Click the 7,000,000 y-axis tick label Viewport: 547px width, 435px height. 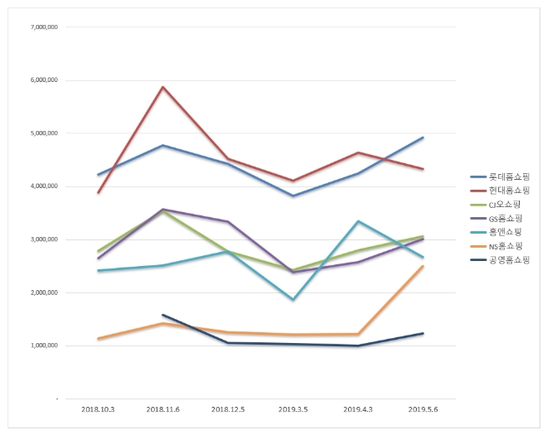[x=42, y=27]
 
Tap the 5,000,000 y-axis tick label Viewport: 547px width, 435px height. [x=42, y=133]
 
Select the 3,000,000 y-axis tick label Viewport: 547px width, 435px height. [x=42, y=239]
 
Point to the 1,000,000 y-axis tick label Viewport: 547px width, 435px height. [x=42, y=346]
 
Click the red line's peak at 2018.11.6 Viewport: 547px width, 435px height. [x=163, y=87]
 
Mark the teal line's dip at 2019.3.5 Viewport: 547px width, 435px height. [x=293, y=299]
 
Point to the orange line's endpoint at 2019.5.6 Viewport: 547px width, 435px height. [x=424, y=266]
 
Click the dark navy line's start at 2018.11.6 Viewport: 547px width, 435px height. [x=163, y=315]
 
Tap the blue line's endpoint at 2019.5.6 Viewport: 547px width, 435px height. [x=424, y=138]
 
